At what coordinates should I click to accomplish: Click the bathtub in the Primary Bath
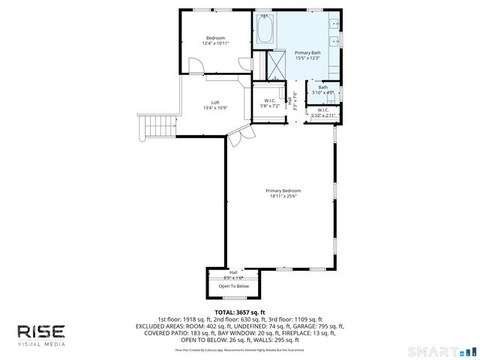pyautogui.click(x=264, y=30)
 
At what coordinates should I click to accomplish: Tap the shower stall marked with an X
pyautogui.click(x=274, y=64)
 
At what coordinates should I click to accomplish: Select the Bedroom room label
pyautogui.click(x=215, y=37)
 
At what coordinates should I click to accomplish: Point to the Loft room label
pyautogui.click(x=215, y=102)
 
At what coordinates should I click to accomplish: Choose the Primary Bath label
pyautogui.click(x=307, y=52)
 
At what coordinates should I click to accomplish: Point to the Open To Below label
pyautogui.click(x=233, y=286)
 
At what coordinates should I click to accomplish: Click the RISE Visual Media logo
pyautogui.click(x=41, y=334)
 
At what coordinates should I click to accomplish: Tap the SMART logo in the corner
pyautogui.click(x=442, y=351)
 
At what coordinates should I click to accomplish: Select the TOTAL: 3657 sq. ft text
pyautogui.click(x=240, y=312)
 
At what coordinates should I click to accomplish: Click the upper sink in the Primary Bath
pyautogui.click(x=334, y=22)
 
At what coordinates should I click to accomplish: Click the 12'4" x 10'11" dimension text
pyautogui.click(x=215, y=43)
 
